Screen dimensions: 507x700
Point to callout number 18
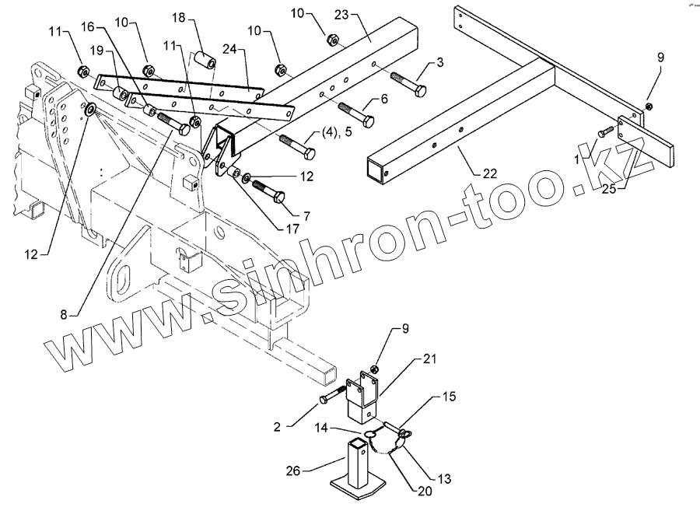coord(178,17)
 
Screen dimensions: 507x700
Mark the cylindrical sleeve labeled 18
coord(205,59)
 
